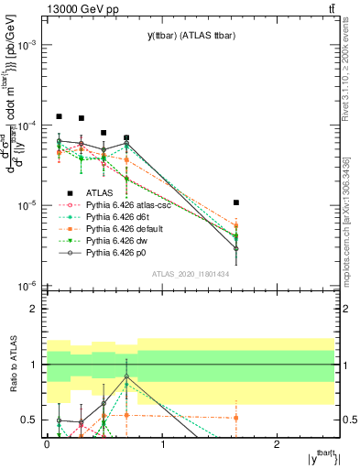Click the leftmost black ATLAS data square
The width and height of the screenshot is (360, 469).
point(60,116)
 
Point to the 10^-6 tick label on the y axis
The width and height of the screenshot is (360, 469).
point(27,286)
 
